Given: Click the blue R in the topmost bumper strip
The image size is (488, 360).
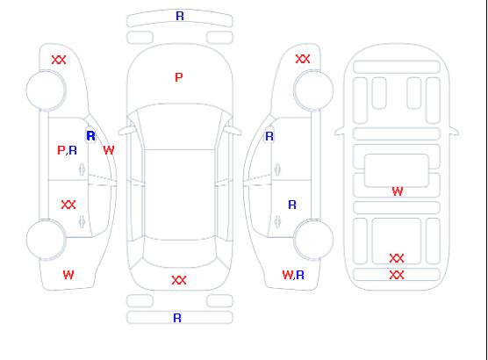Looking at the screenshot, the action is coord(180,16).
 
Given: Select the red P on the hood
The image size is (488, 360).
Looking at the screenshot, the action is coord(179,77).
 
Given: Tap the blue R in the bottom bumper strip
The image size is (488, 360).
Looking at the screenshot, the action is coord(177,318).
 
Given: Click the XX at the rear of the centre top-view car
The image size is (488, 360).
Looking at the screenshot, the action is coord(179,280).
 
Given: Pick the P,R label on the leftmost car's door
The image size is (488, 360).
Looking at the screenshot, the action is coord(68,150).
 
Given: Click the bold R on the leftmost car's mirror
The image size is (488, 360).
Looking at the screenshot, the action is coord(90,136).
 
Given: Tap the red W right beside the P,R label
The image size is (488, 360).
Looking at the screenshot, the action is coord(109,150).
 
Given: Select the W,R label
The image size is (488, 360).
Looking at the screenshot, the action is coord(293,275).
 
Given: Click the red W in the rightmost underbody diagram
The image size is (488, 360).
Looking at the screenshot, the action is coord(398,191).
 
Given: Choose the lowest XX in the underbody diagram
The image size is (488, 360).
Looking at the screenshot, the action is coord(397,275).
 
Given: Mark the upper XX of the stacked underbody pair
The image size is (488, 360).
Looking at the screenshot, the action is coord(397,258).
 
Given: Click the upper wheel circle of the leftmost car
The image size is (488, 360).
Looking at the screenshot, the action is coord(46,90).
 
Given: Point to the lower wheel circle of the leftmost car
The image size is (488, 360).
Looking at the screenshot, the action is coord(46,240).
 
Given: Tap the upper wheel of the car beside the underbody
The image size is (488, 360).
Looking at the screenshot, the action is coord(313,90).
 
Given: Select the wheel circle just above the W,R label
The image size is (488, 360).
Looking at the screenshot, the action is coord(313,239).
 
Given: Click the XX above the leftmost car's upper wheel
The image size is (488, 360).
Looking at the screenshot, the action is coord(59,60).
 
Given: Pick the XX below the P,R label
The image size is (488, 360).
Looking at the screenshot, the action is coord(68,205).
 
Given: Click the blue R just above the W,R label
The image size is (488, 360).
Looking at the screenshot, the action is coord(292,205).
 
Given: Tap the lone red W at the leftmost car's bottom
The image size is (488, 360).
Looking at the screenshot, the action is coord(68,275).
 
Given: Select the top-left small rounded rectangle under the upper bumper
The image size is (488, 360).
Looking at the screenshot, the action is coord(140,38).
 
